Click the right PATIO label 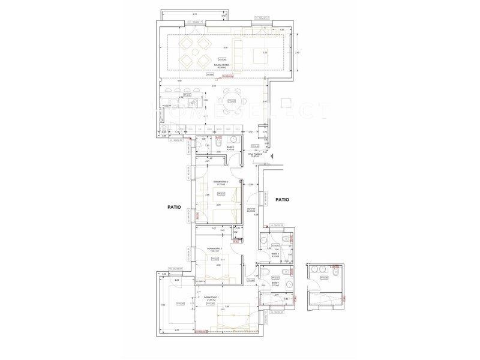[x=283, y=200]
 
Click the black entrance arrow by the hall [x=271, y=157]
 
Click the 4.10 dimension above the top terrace [x=195, y=13]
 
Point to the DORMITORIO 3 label [x=214, y=249]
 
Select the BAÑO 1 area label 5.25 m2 [x=275, y=287]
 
